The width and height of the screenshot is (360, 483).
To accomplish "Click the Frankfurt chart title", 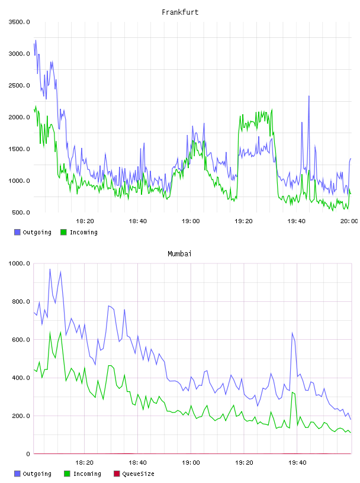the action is coord(180,12).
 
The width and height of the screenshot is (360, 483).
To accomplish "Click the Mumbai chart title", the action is coord(179,253).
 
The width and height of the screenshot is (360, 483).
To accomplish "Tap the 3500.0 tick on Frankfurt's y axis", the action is coord(19,22).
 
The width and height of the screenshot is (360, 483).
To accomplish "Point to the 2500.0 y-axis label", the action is coord(19,85).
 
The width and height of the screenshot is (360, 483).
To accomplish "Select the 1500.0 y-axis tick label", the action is coord(19,149).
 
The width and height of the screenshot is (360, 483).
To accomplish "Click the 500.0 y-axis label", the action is coord(21,212).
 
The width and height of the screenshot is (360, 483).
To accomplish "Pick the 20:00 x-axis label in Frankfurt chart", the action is coord(349,221).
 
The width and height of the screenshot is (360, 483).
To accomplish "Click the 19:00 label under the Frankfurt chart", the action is coord(191,221).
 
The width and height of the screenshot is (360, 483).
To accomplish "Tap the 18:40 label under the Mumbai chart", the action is coord(137,462).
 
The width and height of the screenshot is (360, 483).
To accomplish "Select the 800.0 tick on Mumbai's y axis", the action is coord(21,301).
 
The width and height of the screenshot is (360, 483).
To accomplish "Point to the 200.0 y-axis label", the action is coord(21,416).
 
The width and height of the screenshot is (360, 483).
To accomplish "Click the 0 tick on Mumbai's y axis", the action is coord(28,454).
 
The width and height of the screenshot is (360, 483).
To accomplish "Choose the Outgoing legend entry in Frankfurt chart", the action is coord(33,232).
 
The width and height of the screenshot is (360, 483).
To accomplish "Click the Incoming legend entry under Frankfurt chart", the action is coord(79,232).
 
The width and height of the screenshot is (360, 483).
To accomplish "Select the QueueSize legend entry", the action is coord(134,474).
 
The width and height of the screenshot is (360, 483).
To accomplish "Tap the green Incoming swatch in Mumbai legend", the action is coord(67,474).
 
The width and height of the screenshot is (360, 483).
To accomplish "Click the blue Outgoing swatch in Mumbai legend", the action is coord(17,474).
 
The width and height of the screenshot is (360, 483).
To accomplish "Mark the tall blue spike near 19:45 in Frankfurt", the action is coord(309,96).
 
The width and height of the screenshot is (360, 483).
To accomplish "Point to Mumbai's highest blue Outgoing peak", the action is coord(50,269).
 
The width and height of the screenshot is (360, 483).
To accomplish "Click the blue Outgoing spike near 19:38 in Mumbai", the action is coord(292,333).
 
